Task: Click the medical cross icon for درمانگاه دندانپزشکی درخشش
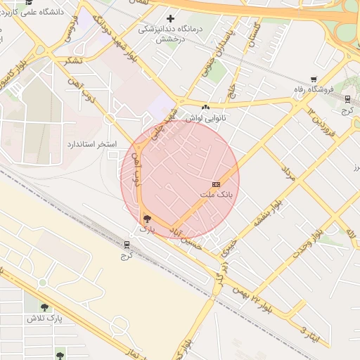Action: coord(170,18)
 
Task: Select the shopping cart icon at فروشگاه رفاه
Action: coord(313,79)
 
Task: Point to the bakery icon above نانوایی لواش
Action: coord(205,107)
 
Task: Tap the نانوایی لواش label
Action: coord(205,117)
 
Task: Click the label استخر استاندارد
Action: coord(91,143)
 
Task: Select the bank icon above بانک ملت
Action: coord(216,184)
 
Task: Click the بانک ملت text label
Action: coord(216,194)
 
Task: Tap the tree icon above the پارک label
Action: coord(146,219)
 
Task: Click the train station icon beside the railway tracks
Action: coord(127,245)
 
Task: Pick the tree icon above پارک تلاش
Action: coord(45,307)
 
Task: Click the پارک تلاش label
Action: coord(45,319)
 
